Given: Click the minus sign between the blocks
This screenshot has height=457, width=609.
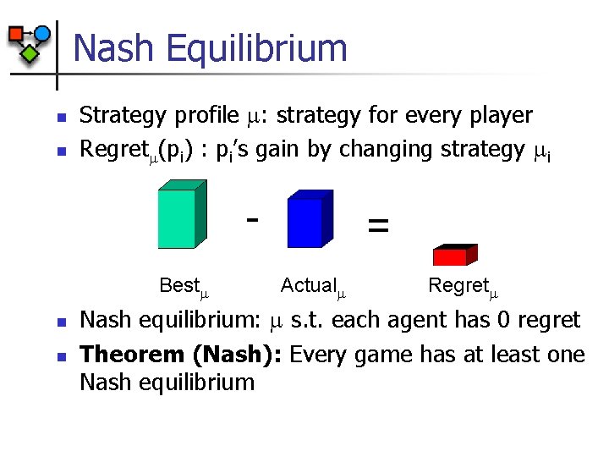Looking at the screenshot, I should pyautogui.click(x=250, y=219).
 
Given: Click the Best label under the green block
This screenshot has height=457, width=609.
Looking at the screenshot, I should pyautogui.click(x=179, y=286).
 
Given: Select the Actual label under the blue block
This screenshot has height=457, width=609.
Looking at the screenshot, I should pyautogui.click(x=308, y=286).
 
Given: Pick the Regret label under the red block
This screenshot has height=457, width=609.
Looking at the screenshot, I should pyautogui.click(x=458, y=286).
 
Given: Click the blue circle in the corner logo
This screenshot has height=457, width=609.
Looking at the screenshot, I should pyautogui.click(x=41, y=34).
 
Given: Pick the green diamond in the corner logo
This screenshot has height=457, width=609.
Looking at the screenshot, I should pyautogui.click(x=30, y=54).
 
